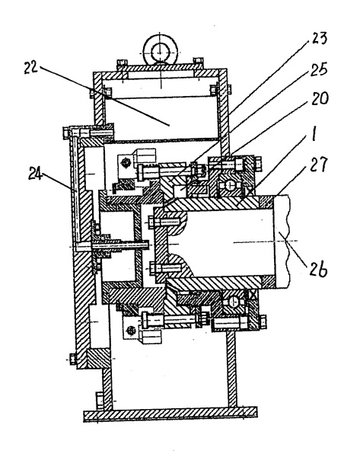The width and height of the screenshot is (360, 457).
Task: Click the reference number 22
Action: point(31,68)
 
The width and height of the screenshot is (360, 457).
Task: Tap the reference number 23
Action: point(319,39)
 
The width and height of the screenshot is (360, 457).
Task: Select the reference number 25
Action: point(319,69)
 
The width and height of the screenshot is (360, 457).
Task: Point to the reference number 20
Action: point(320,98)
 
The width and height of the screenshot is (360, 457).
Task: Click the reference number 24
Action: point(35,174)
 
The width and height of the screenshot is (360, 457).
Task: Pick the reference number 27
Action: point(320,165)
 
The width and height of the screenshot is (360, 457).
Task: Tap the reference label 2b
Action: point(319,270)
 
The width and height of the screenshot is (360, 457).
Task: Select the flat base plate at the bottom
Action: point(170,414)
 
